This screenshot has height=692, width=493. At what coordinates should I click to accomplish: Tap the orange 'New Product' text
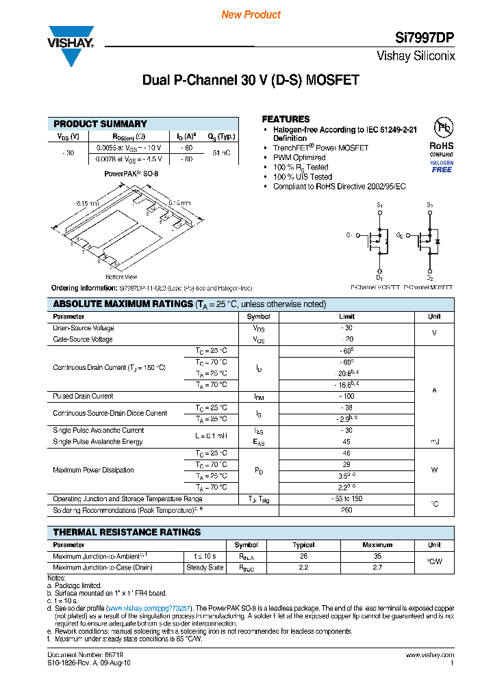point(251,14)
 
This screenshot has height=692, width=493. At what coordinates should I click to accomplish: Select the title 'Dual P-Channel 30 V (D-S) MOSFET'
point(251,80)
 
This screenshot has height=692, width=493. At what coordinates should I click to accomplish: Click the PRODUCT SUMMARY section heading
point(100,124)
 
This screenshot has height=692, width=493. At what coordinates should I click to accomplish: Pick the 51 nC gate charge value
point(221,153)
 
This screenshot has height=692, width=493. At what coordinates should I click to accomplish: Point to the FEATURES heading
point(286,119)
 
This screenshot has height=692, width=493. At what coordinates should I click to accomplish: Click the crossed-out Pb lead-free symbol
point(442,128)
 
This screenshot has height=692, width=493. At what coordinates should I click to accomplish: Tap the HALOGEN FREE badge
point(442,166)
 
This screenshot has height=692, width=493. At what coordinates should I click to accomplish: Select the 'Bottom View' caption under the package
point(121,277)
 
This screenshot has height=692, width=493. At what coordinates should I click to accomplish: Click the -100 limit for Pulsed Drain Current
point(346,397)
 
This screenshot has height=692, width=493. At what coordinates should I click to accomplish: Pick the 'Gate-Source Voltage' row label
point(83,340)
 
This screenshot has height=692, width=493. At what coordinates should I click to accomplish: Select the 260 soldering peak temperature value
point(346,510)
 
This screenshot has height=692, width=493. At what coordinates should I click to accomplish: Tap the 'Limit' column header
point(346,317)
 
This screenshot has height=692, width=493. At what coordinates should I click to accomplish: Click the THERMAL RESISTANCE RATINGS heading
point(127,532)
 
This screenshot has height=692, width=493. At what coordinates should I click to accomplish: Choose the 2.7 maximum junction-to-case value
point(377,568)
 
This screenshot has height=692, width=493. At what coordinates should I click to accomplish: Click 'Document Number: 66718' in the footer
point(75,655)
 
